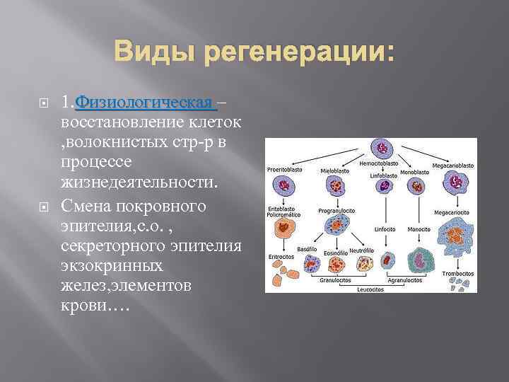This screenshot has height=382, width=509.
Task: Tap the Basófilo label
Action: click(x=307, y=249)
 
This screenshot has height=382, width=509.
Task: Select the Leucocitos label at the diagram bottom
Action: click(x=370, y=289)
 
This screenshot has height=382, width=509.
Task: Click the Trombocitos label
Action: click(x=457, y=273)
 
